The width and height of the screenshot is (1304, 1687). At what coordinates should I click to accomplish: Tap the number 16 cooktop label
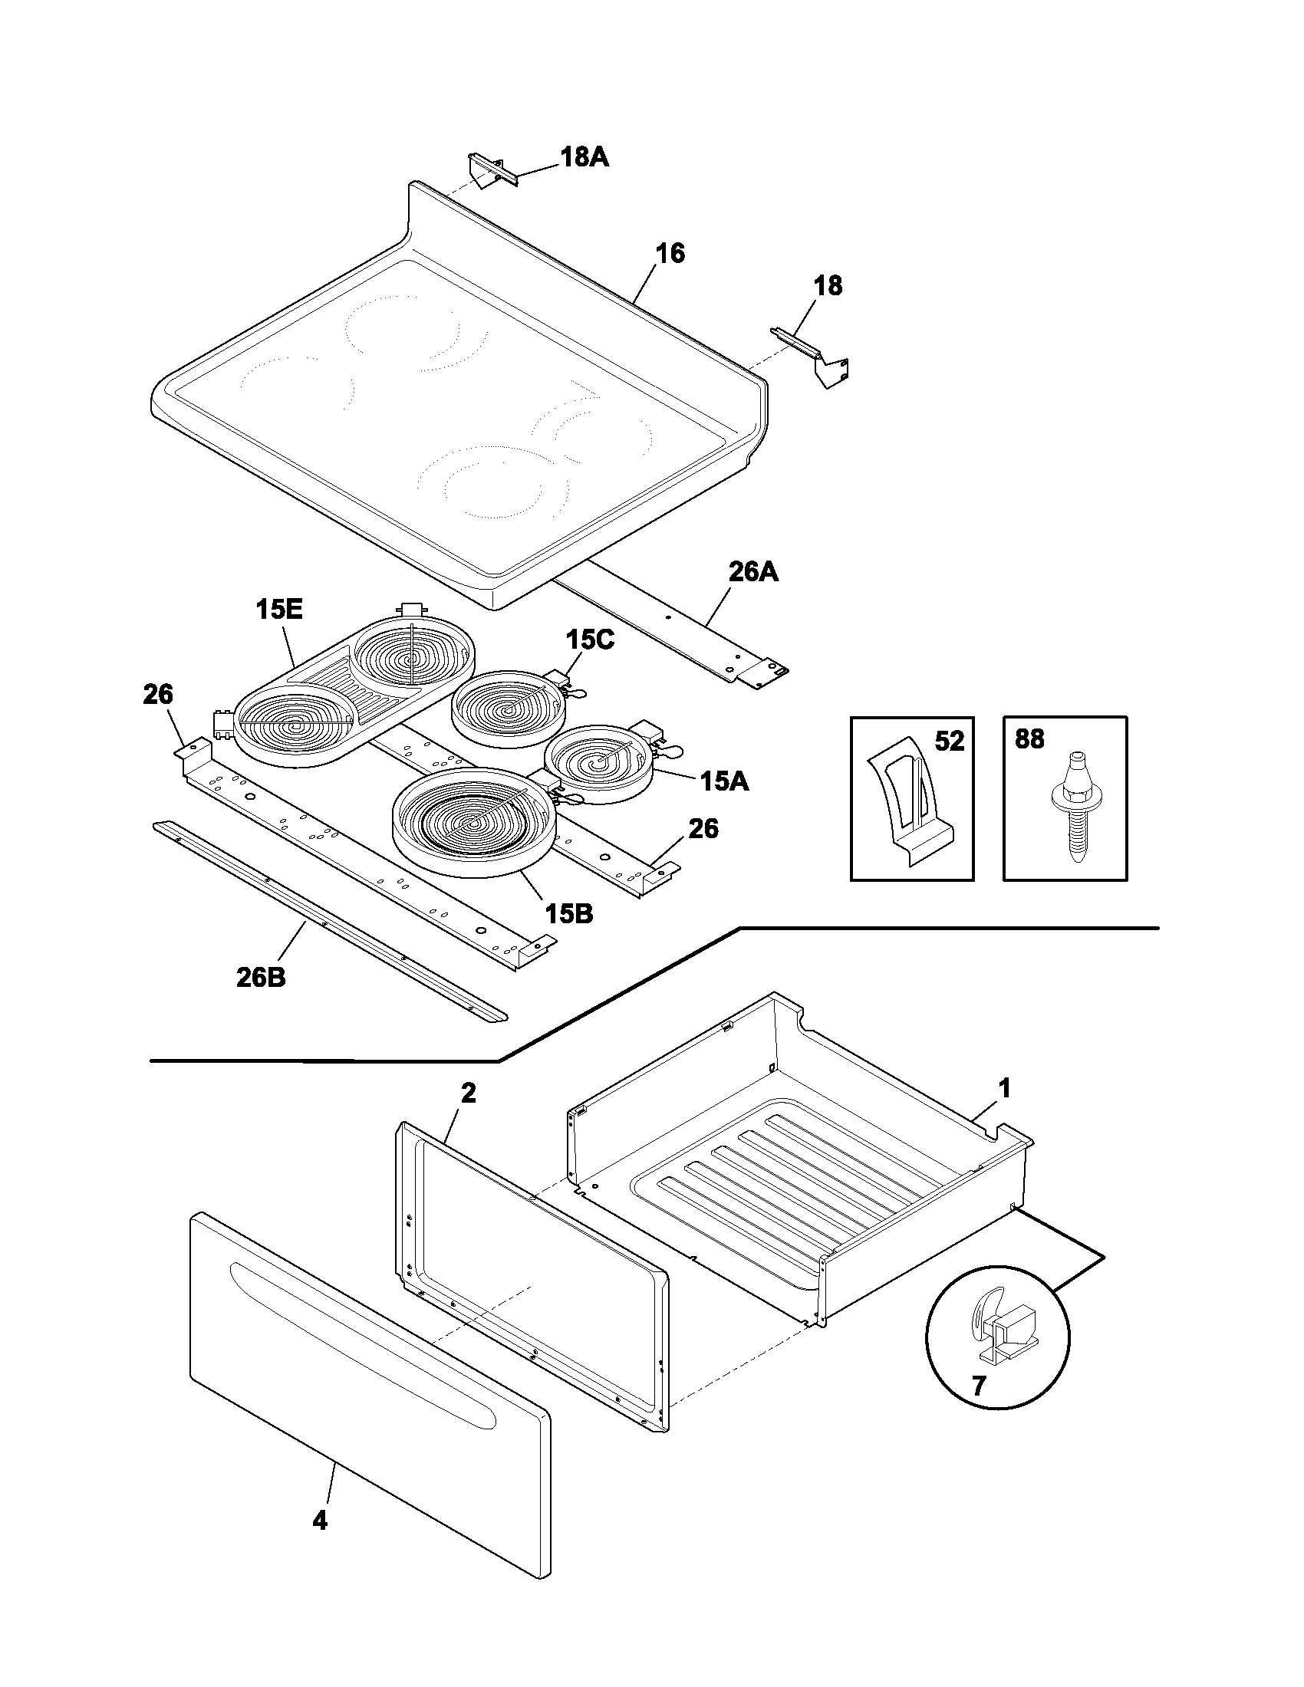pos(670,253)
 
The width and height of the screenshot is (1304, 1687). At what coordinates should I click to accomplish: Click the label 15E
pos(279,610)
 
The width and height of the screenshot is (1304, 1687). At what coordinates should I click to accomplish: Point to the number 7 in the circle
pos(979,1386)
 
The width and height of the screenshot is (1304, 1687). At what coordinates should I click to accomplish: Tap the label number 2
pos(468,1093)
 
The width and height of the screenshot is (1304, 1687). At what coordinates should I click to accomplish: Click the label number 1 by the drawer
pos(1003,1089)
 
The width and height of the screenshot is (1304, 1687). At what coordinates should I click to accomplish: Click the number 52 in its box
pos(950,742)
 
